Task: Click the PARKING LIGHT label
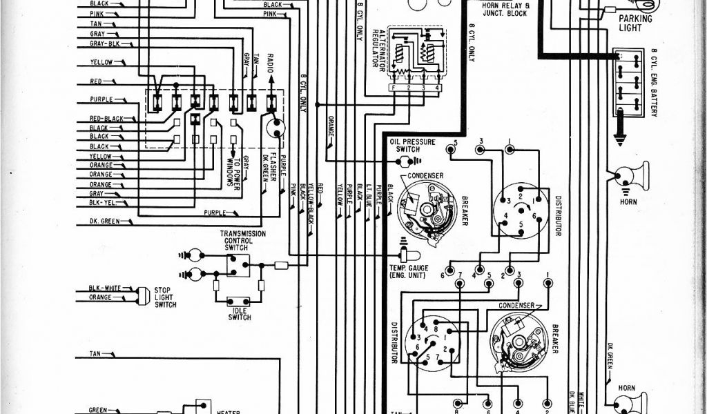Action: click(x=635, y=23)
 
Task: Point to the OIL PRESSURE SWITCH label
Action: click(x=413, y=146)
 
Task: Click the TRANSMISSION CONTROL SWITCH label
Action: click(x=243, y=239)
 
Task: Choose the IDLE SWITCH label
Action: click(x=238, y=315)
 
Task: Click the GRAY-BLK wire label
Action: click(x=104, y=43)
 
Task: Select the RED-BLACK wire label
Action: click(x=106, y=119)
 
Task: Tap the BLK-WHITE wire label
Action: click(x=104, y=288)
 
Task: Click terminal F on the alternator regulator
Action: click(x=393, y=89)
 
